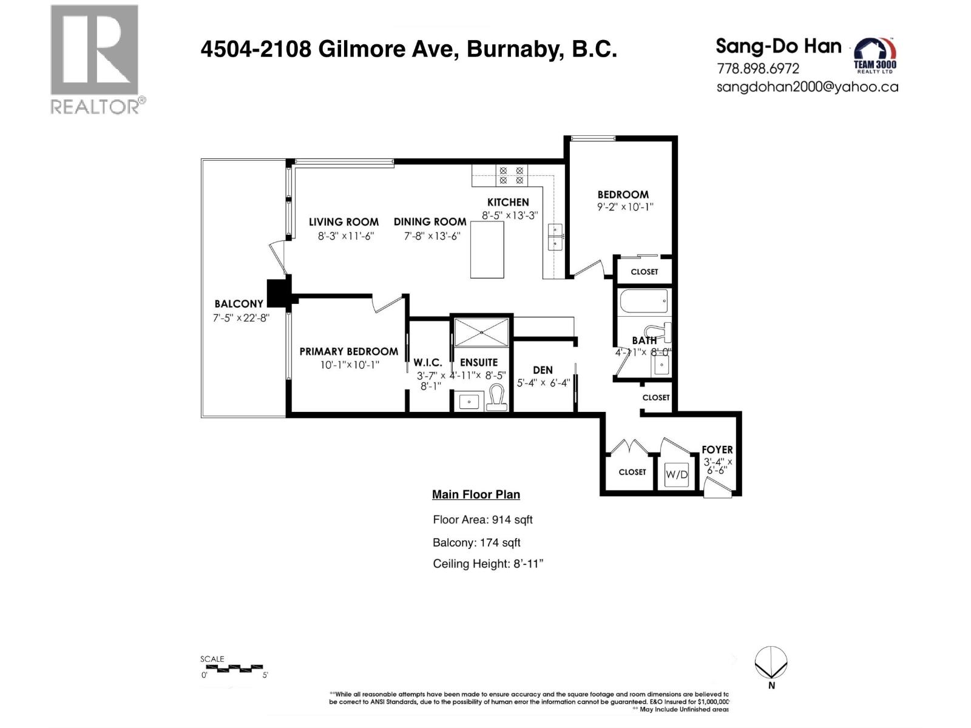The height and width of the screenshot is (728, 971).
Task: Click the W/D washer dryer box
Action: [x=677, y=474]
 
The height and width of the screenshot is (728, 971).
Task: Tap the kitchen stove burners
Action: [x=511, y=176]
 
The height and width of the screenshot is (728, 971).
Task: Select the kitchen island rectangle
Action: [x=487, y=249]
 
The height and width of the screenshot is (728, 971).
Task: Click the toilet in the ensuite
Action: [x=498, y=397]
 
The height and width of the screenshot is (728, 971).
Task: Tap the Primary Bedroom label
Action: [x=348, y=351]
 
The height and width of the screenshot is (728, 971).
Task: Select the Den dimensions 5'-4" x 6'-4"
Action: [x=543, y=383]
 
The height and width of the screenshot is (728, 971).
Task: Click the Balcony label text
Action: [x=239, y=304]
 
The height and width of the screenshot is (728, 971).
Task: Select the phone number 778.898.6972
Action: [x=758, y=69]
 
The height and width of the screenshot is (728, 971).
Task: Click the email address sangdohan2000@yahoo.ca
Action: [x=807, y=87]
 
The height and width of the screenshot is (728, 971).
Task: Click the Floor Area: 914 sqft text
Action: [x=482, y=520]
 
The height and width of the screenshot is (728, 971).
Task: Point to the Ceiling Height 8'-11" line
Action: [x=487, y=564]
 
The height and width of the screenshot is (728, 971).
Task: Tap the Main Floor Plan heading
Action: [x=476, y=494]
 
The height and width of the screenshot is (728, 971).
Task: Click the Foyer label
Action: [x=717, y=450]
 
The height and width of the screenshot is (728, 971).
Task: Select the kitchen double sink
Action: [x=555, y=237]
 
